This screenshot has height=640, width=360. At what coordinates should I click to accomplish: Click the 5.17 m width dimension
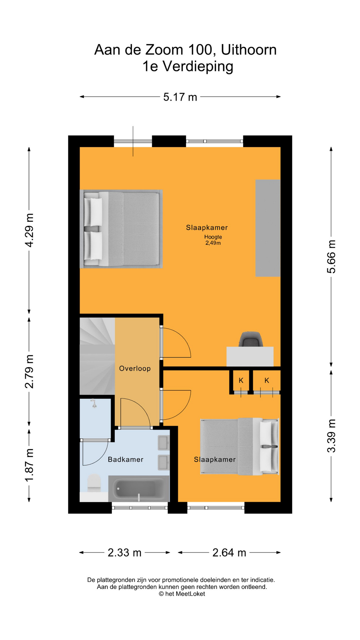pyautogui.click(x=180, y=97)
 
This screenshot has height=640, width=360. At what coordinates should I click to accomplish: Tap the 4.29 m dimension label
pyautogui.click(x=29, y=230)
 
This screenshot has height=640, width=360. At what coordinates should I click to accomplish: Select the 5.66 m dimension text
pyautogui.click(x=331, y=256)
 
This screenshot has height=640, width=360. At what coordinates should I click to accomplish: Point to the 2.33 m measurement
pyautogui.click(x=125, y=553)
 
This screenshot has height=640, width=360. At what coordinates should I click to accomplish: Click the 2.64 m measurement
pyautogui.click(x=229, y=553)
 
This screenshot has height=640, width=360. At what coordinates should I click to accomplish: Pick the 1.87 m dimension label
pyautogui.click(x=29, y=465)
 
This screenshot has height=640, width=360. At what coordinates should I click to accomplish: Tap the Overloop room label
pyautogui.click(x=135, y=368)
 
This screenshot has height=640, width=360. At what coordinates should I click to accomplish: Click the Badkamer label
pyautogui.click(x=126, y=459)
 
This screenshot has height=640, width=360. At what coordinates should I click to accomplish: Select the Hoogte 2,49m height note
pyautogui.click(x=213, y=240)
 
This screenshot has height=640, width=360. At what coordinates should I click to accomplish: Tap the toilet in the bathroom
pyautogui.click(x=94, y=483)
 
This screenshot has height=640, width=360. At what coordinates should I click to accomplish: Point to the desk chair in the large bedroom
pyautogui.click(x=251, y=339)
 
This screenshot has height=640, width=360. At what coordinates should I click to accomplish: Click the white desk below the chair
pyautogui.click(x=250, y=357)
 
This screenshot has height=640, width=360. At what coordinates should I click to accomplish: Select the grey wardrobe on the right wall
pyautogui.click(x=268, y=228)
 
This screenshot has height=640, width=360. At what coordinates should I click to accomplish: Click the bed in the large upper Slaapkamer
pyautogui.click(x=121, y=229)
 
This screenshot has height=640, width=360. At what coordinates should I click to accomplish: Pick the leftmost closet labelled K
pyautogui.click(x=241, y=380)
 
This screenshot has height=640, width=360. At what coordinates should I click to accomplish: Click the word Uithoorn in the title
pyautogui.click(x=249, y=50)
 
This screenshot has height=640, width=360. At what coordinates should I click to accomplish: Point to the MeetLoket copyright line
pyautogui.click(x=182, y=594)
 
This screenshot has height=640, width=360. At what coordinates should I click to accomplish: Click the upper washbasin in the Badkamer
pyautogui.click(x=164, y=443)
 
